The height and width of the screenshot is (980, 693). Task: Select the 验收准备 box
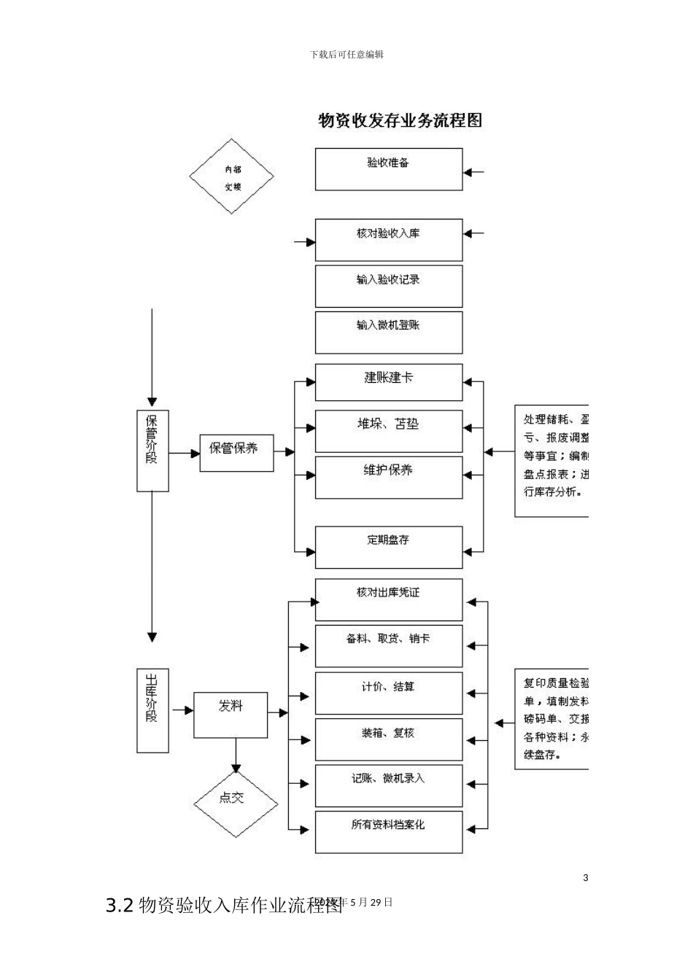(388, 169)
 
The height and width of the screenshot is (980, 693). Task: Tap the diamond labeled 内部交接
(232, 176)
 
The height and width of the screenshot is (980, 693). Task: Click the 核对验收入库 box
(388, 239)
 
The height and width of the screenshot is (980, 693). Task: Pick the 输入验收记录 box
(388, 286)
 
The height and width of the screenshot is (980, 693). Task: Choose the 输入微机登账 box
(388, 332)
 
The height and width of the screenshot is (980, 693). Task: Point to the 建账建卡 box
(388, 382)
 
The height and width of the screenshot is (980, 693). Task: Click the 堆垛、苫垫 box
(388, 431)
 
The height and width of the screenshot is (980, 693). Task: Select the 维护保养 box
(388, 477)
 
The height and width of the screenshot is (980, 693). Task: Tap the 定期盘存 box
(388, 547)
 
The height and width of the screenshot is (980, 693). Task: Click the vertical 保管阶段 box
(152, 450)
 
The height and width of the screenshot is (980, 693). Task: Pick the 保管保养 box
(236, 452)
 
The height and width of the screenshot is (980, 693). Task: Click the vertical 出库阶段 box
(152, 709)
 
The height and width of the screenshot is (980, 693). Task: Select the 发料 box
(231, 714)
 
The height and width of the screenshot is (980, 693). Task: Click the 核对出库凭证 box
(388, 599)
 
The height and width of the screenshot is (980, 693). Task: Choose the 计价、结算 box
(388, 693)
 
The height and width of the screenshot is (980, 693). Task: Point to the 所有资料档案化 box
(388, 831)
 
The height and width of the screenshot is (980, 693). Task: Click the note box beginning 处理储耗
(552, 461)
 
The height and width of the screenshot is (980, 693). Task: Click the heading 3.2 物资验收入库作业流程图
(223, 906)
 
